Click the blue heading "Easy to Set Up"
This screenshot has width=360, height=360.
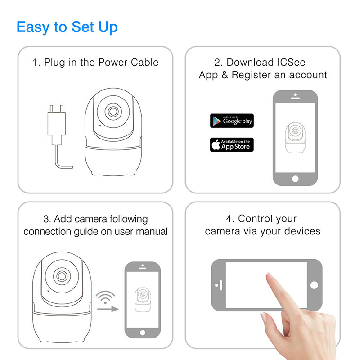(x=67, y=27)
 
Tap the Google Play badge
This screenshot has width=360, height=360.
(x=232, y=121)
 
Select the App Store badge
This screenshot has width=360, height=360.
(x=232, y=144)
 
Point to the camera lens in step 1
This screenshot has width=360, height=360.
(x=113, y=112)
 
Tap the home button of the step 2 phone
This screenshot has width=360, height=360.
(x=295, y=179)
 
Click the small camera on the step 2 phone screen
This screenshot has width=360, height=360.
(x=295, y=138)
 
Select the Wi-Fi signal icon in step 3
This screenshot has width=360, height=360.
(x=105, y=297)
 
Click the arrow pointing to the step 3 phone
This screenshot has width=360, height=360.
(x=108, y=309)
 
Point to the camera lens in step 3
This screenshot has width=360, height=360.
(x=62, y=276)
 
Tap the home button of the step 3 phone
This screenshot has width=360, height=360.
(x=143, y=333)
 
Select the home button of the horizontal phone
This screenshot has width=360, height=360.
(x=314, y=285)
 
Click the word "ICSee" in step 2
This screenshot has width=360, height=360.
(x=291, y=63)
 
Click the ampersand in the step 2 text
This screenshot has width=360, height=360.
(x=225, y=75)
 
